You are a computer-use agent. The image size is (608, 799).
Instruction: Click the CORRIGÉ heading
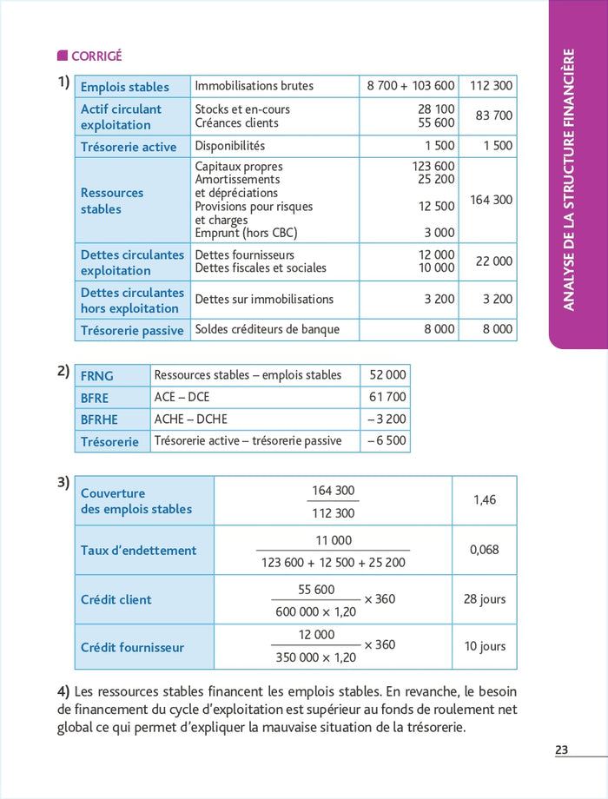pyautogui.click(x=96, y=56)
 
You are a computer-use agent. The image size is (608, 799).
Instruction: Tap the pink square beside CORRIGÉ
pyautogui.click(x=62, y=56)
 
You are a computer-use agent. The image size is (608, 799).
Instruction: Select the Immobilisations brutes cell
pyautogui.click(x=254, y=86)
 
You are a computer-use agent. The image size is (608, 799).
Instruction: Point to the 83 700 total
pyautogui.click(x=491, y=116)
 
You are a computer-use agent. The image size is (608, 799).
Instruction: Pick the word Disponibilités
pyautogui.click(x=229, y=146)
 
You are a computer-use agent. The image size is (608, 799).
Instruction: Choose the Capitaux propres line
pyautogui.click(x=239, y=166)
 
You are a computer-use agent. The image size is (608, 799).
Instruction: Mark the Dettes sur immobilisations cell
pyautogui.click(x=264, y=299)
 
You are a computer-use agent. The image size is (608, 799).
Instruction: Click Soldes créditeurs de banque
pyautogui.click(x=267, y=329)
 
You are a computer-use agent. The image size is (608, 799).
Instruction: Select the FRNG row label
pyautogui.click(x=97, y=376)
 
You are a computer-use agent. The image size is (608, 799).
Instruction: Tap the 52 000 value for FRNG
pyautogui.click(x=387, y=375)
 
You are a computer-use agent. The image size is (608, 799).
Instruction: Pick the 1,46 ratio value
pyautogui.click(x=484, y=500)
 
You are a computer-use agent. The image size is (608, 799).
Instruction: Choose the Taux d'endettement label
pyautogui.click(x=139, y=550)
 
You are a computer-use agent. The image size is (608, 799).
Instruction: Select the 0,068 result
pyautogui.click(x=484, y=550)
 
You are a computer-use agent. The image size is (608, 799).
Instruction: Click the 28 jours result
pyautogui.click(x=484, y=599)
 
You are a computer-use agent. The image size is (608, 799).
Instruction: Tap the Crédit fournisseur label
pyautogui.click(x=132, y=647)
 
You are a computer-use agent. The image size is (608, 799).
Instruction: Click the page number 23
pyautogui.click(x=562, y=749)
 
